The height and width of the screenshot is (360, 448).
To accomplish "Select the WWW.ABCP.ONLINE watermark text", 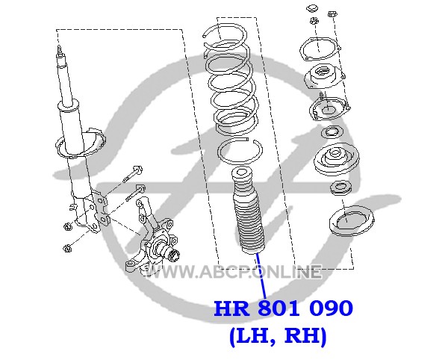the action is click(x=233, y=271).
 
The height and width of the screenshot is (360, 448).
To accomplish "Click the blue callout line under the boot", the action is click(x=261, y=276).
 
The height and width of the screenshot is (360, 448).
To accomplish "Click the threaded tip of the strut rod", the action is click(x=59, y=49).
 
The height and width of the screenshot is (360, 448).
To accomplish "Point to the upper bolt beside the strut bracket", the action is click(x=133, y=173).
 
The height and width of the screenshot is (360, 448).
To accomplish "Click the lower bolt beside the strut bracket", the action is click(x=136, y=193).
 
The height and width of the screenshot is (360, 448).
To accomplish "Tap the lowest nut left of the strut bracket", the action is click(x=67, y=248).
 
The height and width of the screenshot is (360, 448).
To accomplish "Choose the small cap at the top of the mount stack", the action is click(x=311, y=8).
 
